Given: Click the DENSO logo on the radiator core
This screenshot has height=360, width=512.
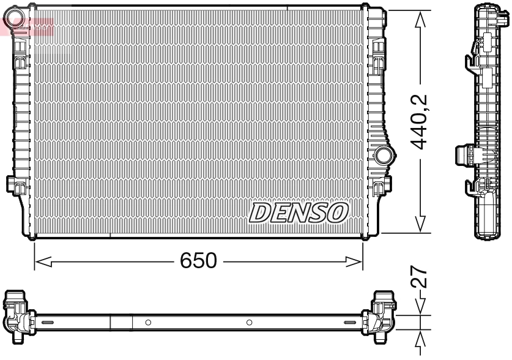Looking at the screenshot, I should click(299, 212).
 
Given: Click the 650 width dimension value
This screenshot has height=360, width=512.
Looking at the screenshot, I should click(198, 261).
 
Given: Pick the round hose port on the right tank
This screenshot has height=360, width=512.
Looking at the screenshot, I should click(384, 156).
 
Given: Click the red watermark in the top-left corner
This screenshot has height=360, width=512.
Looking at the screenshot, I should click(28, 26).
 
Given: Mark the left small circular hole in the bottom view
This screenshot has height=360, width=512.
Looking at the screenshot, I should click(149, 322).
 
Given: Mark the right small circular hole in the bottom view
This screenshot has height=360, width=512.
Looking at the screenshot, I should click(249, 322).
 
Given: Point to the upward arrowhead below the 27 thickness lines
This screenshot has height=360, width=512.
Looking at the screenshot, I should click(420, 339).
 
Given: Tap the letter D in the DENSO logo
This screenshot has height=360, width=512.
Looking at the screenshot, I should click(258, 212).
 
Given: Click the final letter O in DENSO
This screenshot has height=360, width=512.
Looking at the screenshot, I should click(337, 212).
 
